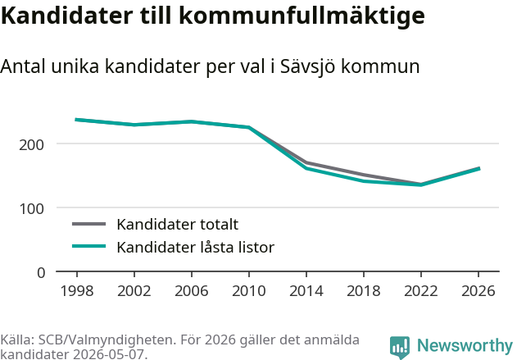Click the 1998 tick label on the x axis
(77, 291)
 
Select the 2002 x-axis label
(134, 291)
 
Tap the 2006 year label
(192, 291)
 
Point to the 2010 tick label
(249, 291)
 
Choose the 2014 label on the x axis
(306, 291)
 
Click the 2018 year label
(364, 291)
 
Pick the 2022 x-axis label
(421, 291)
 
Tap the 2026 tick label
(478, 291)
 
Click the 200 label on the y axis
(31, 145)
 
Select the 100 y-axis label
(31, 209)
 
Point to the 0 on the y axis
(41, 273)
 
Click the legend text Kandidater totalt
(178, 225)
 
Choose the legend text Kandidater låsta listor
(196, 247)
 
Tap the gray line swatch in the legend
(89, 224)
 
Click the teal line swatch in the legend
(89, 246)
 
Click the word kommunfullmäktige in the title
(302, 16)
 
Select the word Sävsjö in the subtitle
(308, 66)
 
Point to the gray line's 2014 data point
(306, 162)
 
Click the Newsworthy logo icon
(400, 348)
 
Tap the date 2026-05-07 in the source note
(109, 354)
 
